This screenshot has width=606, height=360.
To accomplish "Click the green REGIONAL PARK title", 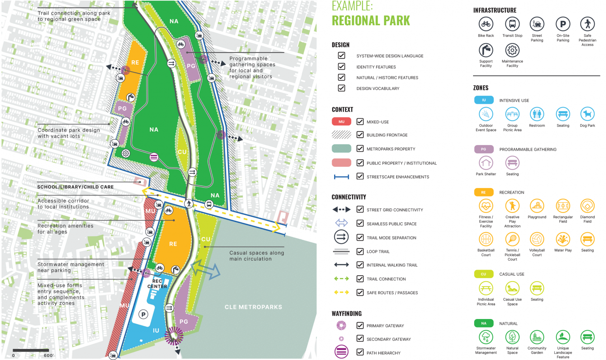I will pyautogui.click(x=370, y=21).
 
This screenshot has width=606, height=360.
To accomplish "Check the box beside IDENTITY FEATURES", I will pyautogui.click(x=342, y=67).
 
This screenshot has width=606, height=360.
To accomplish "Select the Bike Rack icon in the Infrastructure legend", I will pyautogui.click(x=486, y=24).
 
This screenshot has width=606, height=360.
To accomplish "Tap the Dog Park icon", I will pyautogui.click(x=587, y=114).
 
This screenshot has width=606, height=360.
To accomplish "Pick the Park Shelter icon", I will pyautogui.click(x=486, y=163).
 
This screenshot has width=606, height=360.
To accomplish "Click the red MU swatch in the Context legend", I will pyautogui.click(x=341, y=121).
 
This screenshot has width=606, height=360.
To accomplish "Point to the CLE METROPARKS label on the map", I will pyautogui.click(x=253, y=307).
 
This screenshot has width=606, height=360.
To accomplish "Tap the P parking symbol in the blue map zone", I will pyautogui.click(x=144, y=314).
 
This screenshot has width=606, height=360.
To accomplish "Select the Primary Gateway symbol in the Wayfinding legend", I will pyautogui.click(x=341, y=325).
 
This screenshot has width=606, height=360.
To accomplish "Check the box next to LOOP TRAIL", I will pyautogui.click(x=360, y=251).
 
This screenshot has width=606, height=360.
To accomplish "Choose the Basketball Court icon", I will pyautogui.click(x=486, y=239).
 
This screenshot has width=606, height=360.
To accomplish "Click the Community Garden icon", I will pyautogui.click(x=537, y=337).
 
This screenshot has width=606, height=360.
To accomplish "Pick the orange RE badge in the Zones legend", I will pyautogui.click(x=483, y=192).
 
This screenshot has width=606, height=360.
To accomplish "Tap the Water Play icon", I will pyautogui.click(x=563, y=239).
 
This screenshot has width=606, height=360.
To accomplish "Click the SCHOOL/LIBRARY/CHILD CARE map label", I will pyautogui.click(x=75, y=187).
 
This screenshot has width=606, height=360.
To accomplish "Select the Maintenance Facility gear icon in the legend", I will pyautogui.click(x=512, y=50).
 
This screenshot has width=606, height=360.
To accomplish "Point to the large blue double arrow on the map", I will pyautogui.click(x=206, y=270).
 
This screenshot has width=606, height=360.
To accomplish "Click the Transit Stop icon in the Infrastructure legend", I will pyautogui.click(x=512, y=24).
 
